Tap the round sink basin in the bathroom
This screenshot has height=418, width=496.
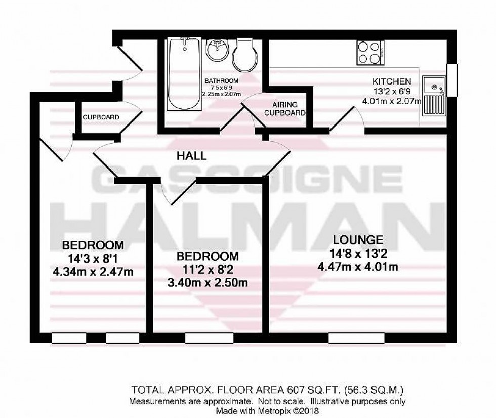click(x=218, y=51)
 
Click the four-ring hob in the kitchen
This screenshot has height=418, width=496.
click(x=370, y=52)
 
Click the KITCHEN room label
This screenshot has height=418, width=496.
click(x=392, y=81)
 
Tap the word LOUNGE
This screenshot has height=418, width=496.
click(x=358, y=240)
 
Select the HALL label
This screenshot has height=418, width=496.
click(x=191, y=156)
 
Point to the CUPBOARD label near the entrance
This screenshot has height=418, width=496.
click(x=101, y=117)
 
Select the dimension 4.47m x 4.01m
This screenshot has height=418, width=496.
click(x=358, y=266)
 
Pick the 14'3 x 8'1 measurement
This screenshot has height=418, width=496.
click(x=93, y=259)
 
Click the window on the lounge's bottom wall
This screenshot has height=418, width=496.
click(x=356, y=338)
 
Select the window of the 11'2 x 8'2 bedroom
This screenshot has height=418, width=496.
click(x=209, y=338)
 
